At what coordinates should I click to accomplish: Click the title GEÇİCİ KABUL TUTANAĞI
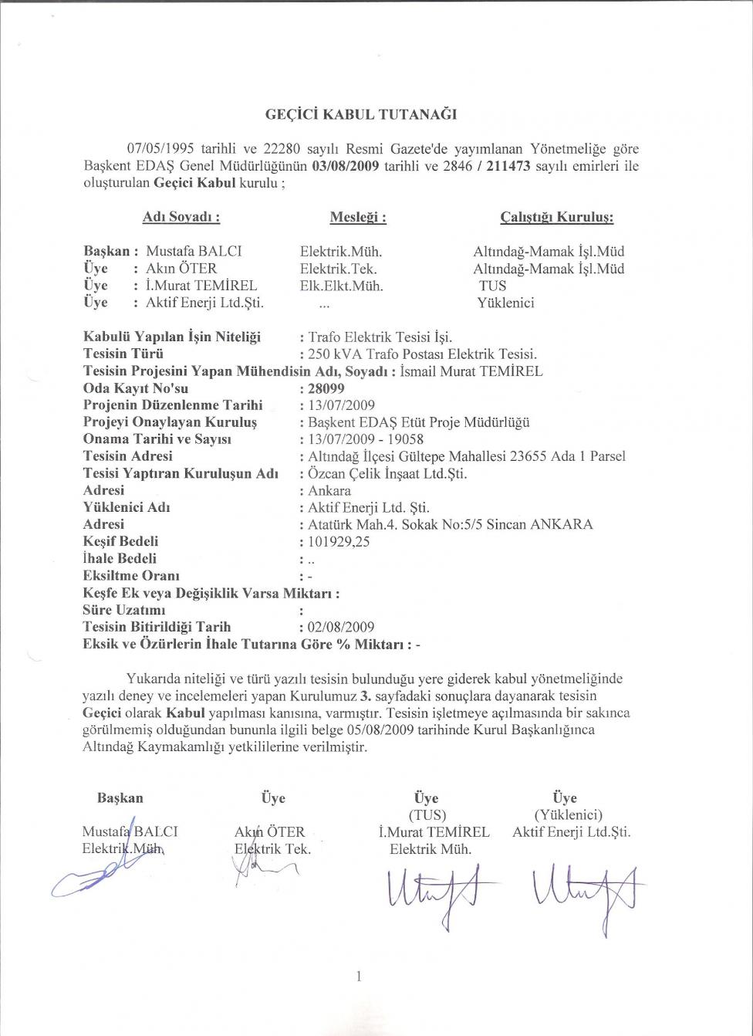coord(361,115)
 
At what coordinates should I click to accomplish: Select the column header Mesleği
coord(358,218)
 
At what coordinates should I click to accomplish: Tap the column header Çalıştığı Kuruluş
coord(557,218)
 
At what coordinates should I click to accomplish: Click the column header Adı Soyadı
coord(182,218)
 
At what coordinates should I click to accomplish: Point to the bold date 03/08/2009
coord(345,166)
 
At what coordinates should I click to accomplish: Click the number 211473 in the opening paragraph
coord(501,166)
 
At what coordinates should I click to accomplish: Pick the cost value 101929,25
coord(339,541)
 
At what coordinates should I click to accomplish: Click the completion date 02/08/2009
coord(341,627)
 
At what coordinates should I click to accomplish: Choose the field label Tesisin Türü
coord(123,354)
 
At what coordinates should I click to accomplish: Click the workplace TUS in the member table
coord(492,286)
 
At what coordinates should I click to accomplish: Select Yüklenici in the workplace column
coord(506,303)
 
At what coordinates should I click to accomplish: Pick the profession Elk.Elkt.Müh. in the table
coord(341,286)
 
